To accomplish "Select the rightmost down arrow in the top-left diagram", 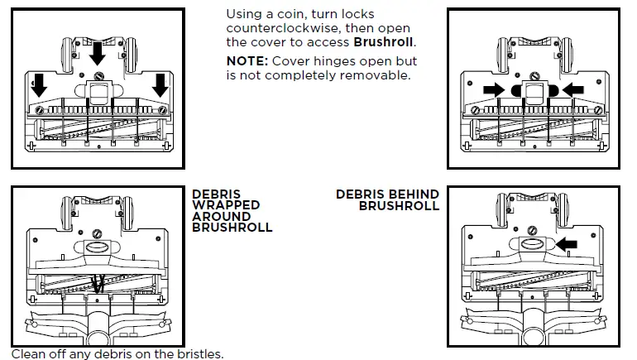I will tap(158, 84).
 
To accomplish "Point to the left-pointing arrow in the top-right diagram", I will tap(572, 89).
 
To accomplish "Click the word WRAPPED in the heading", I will tap(226, 205).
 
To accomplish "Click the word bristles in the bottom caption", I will tap(201, 354).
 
